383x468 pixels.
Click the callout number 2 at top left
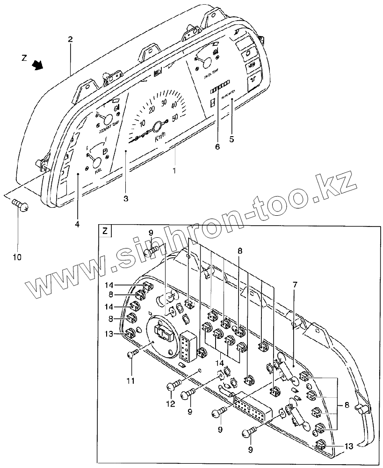point(70,40)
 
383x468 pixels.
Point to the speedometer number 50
point(176,118)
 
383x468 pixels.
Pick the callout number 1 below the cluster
point(174,171)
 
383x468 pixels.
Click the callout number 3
point(126,198)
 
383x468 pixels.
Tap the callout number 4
point(77,224)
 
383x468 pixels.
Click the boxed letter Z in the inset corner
point(105,230)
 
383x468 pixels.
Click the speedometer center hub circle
point(159,126)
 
